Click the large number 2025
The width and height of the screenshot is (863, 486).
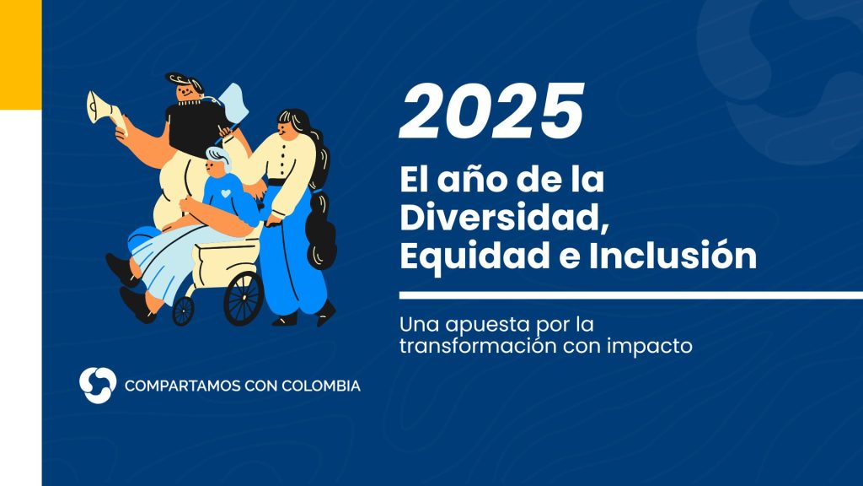coord(491,111)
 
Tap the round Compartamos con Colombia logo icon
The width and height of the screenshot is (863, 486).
coord(98,385)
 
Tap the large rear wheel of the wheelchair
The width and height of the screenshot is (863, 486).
coord(244,298)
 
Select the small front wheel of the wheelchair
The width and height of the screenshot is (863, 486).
coord(183,311)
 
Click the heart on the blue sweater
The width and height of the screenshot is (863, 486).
coord(226,193)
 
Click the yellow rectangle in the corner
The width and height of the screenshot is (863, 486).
coord(21,55)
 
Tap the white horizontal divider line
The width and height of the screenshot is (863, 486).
coord(630,295)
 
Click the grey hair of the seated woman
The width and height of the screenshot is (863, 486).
coord(218,157)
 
